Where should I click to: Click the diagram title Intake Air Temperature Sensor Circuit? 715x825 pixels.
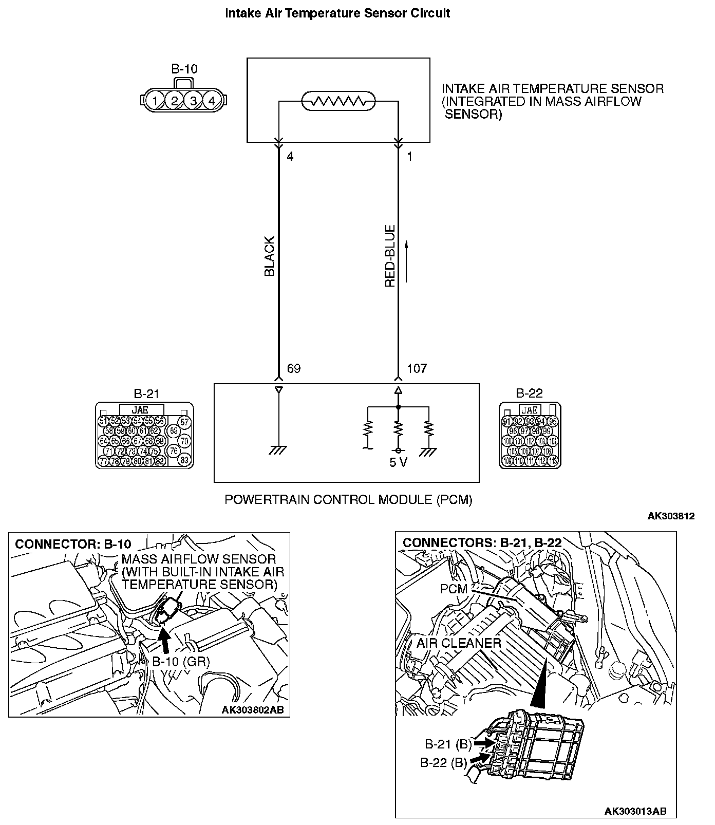(x=337, y=13)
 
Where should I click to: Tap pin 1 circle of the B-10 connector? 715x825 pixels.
(x=155, y=100)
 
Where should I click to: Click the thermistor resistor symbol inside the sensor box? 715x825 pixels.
(x=337, y=101)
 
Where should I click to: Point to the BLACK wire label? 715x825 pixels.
(x=270, y=256)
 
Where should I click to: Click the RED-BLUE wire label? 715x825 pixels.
(x=390, y=255)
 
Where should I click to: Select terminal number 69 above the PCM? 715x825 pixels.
(x=293, y=368)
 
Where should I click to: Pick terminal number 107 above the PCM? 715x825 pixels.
(x=417, y=368)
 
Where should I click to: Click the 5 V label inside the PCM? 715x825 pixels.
(x=398, y=462)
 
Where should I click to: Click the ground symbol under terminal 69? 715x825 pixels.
(x=278, y=450)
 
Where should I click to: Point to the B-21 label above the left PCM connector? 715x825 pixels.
(x=146, y=394)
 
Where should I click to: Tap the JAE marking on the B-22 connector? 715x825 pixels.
(x=529, y=409)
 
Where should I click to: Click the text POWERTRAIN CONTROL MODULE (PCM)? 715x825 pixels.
(x=348, y=499)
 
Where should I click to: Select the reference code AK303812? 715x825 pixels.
(x=671, y=516)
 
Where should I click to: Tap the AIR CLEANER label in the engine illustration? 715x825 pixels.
(x=459, y=643)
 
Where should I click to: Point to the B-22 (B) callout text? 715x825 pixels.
(x=444, y=763)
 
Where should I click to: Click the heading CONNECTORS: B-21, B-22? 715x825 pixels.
(x=482, y=542)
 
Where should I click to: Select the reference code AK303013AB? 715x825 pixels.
(x=635, y=812)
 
